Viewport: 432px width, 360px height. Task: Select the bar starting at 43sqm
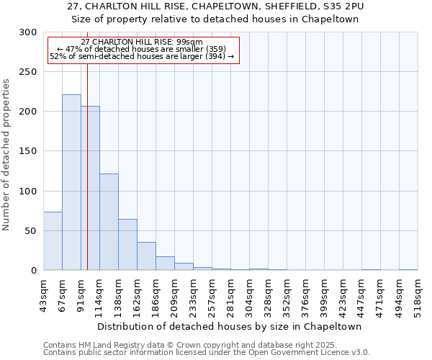53,241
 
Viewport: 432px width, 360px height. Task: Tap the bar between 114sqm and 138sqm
109,222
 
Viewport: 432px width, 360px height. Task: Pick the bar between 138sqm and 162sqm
127,245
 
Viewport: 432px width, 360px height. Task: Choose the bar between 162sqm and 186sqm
146,256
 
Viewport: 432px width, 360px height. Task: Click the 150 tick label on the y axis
28,151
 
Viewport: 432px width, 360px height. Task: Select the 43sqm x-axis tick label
44,294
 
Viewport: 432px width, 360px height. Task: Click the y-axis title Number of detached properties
6,155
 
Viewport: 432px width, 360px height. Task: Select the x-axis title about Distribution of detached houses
230,326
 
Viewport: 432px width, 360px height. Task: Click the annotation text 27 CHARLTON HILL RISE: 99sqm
142,42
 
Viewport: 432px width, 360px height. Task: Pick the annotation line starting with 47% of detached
142,49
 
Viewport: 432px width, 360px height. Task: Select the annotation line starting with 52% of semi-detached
142,56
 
